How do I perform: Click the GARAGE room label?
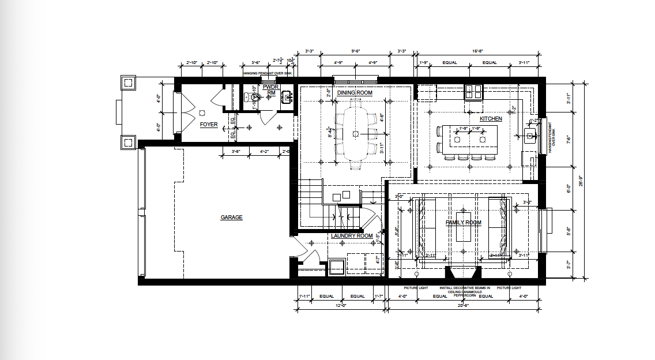click(x=231, y=217)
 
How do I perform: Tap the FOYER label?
click(x=209, y=125)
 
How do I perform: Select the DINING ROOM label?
click(x=355, y=93)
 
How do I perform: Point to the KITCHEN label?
click(x=491, y=119)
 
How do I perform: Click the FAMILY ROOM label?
click(x=463, y=223)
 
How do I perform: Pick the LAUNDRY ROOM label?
click(x=352, y=235)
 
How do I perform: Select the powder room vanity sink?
click(x=286, y=98)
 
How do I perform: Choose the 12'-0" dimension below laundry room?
click(x=340, y=305)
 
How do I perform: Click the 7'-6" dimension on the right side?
click(x=569, y=139)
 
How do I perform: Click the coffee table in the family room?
click(x=463, y=232)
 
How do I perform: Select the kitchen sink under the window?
click(x=530, y=136)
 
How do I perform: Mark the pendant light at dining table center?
click(x=355, y=133)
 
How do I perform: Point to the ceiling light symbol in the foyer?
click(x=202, y=113)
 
